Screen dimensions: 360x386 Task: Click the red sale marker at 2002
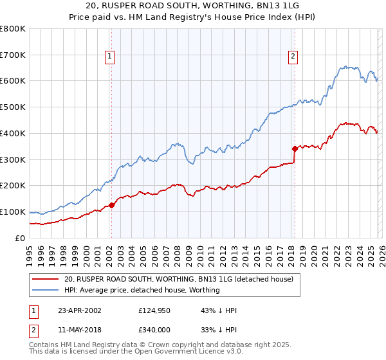pyautogui.click(x=111, y=205)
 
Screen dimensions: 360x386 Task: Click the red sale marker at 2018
pyautogui.click(x=294, y=148)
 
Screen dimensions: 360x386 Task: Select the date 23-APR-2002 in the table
pyautogui.click(x=79, y=310)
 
